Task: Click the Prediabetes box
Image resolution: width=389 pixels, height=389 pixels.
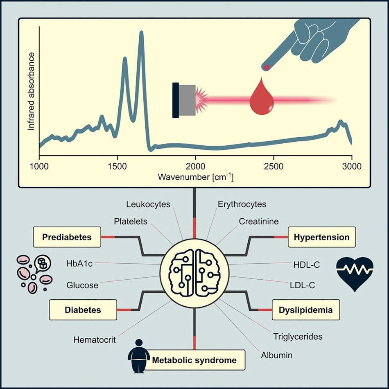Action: click(67, 237)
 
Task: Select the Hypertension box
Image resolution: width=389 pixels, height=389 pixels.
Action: click(322, 237)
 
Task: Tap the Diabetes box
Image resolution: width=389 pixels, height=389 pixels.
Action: click(83, 310)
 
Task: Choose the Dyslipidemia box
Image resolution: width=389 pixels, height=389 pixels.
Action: click(305, 310)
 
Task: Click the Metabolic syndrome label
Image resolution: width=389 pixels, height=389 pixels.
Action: click(194, 360)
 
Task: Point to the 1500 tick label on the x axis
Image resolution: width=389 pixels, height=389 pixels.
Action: click(117, 166)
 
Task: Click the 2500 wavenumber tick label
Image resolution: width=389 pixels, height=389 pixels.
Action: click(274, 166)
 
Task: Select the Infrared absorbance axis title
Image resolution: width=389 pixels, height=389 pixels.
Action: click(31, 91)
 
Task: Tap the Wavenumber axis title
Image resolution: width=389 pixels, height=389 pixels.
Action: click(195, 177)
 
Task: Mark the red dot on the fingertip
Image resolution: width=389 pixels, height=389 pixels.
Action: click(267, 67)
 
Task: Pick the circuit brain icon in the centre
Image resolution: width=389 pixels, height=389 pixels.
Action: click(194, 273)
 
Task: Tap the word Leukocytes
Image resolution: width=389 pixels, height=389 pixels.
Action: click(148, 204)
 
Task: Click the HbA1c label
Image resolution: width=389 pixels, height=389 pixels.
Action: click(79, 263)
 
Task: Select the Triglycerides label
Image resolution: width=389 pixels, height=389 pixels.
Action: click(298, 337)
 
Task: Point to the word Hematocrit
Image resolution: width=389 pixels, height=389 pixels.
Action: click(95, 339)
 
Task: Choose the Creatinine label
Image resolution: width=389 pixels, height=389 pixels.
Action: click(259, 221)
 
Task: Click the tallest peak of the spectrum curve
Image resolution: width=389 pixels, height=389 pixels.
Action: click(142, 32)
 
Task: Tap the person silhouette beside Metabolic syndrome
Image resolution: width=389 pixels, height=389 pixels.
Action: click(139, 356)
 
